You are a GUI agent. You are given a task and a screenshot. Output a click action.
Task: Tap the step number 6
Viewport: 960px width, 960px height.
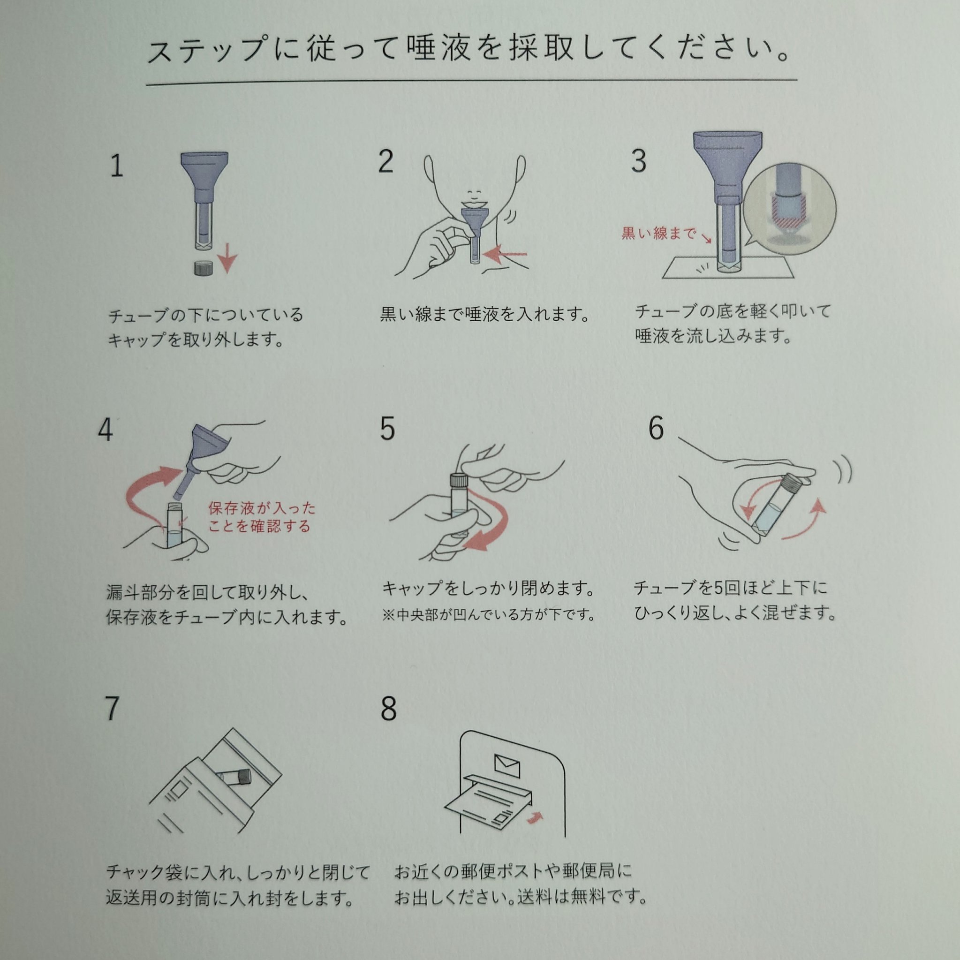[x=656, y=428]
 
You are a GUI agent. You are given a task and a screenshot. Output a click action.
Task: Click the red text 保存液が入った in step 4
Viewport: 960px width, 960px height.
[x=262, y=508]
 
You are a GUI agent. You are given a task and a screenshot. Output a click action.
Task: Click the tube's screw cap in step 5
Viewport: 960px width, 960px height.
[x=458, y=480]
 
